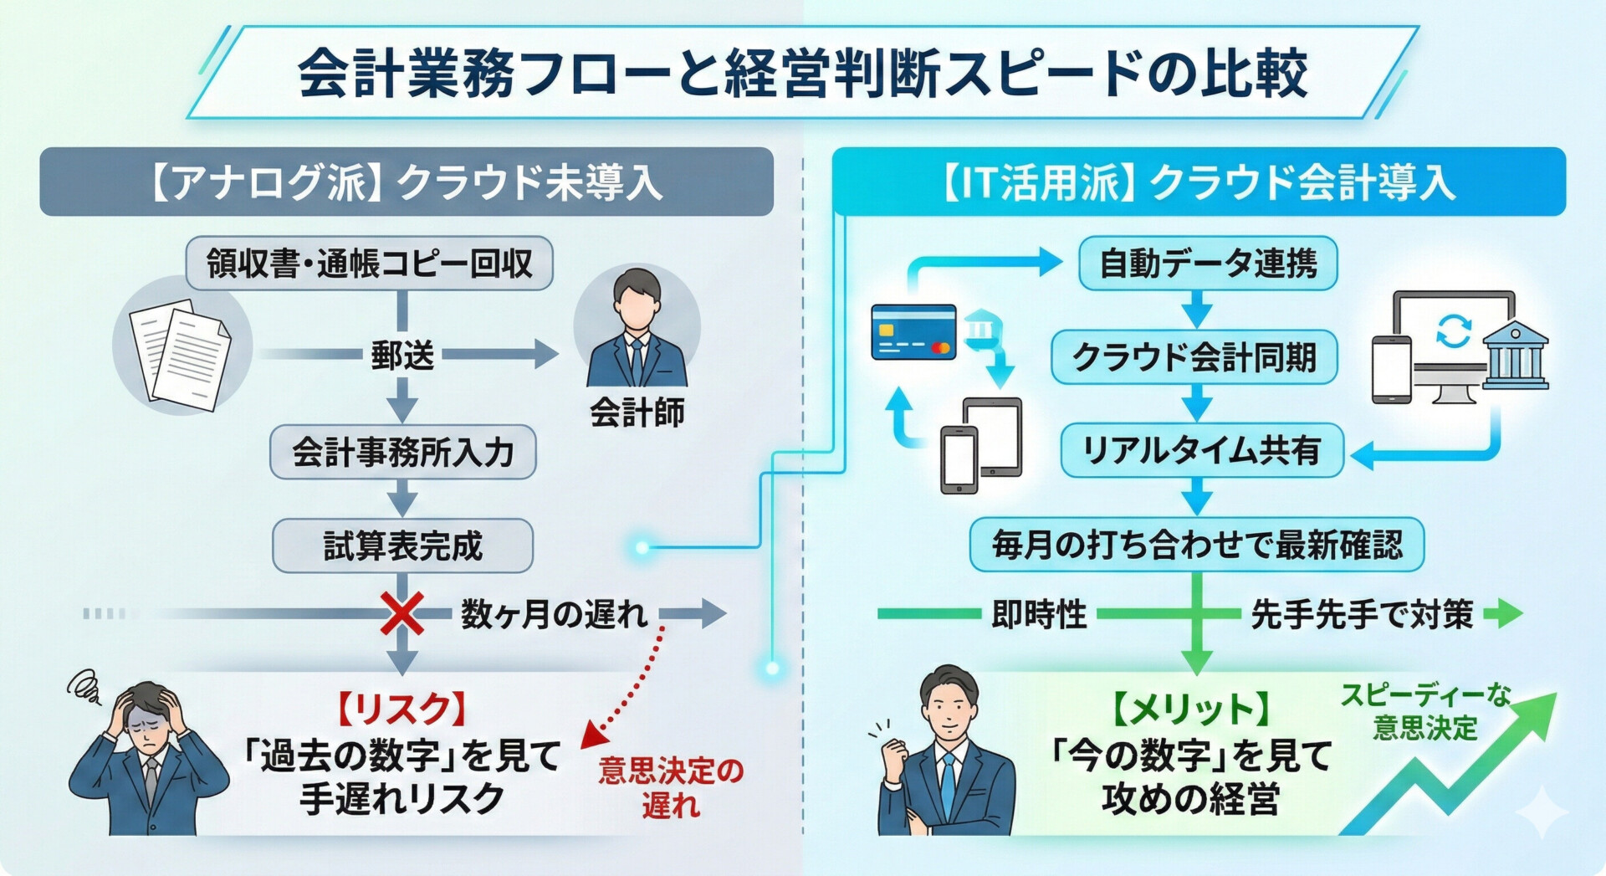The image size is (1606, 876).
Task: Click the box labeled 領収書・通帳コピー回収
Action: click(x=369, y=264)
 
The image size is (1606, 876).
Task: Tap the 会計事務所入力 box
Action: click(x=402, y=453)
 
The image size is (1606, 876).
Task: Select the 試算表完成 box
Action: click(x=402, y=546)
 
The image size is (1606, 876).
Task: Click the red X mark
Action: click(x=401, y=614)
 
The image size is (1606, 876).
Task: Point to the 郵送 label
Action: click(x=402, y=355)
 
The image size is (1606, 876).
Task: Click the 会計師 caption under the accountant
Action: click(x=637, y=412)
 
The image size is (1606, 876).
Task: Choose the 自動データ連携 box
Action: click(x=1207, y=264)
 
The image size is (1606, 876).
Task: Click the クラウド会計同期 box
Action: click(x=1194, y=357)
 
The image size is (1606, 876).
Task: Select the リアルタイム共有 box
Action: click(x=1201, y=451)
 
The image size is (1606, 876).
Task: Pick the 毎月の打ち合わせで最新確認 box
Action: click(x=1196, y=545)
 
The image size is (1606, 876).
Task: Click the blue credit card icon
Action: click(x=913, y=332)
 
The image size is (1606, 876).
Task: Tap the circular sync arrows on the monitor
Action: click(x=1454, y=331)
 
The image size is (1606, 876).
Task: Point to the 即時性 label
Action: click(x=1038, y=615)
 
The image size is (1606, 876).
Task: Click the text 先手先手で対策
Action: click(x=1362, y=615)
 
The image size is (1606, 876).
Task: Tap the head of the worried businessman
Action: click(x=147, y=711)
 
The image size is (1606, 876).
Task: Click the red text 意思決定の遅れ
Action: click(x=671, y=787)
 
